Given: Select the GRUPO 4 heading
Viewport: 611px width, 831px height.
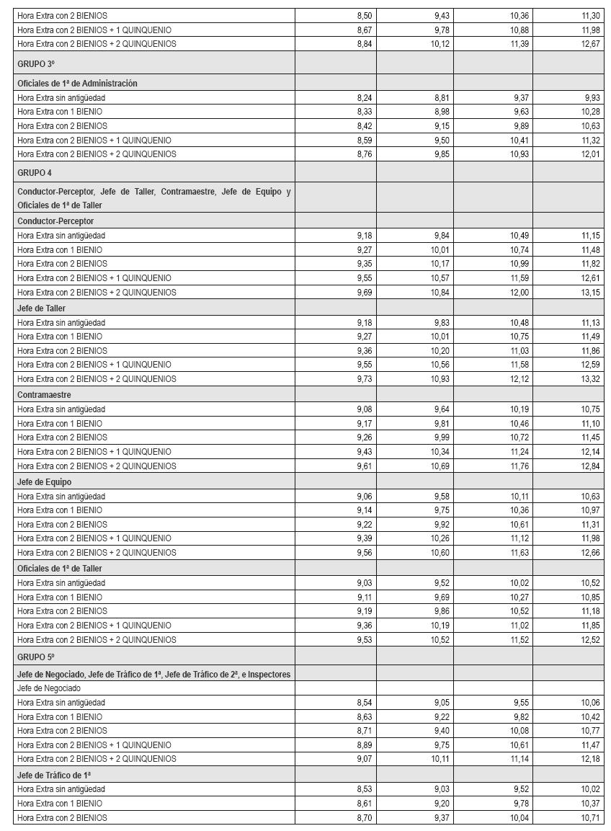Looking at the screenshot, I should [x=35, y=173].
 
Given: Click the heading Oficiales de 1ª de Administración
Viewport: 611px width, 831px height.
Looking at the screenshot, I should [x=77, y=84].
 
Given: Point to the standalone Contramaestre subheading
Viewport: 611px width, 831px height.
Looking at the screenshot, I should [x=44, y=395].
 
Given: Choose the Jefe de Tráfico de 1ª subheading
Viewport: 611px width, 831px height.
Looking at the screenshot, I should [x=54, y=775].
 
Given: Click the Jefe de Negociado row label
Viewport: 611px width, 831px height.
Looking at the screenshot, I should [x=49, y=688].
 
